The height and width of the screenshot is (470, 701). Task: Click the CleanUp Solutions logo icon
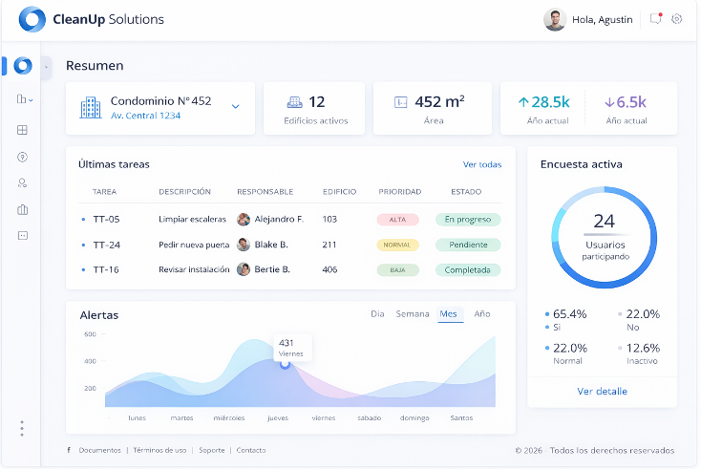32,19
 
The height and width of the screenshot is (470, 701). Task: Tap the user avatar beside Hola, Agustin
554,20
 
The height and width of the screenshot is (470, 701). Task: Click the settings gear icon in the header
677,19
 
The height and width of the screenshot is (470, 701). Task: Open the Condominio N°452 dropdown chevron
236,106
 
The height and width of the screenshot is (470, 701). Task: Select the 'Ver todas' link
481,164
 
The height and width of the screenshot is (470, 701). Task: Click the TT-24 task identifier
106,245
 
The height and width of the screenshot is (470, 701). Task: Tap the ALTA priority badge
397,220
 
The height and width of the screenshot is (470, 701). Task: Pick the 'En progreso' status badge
467,220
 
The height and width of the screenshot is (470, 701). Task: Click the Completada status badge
467,270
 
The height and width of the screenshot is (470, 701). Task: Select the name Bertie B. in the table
271,270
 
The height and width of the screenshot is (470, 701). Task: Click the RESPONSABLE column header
265,192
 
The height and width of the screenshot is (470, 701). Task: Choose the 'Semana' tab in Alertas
413,314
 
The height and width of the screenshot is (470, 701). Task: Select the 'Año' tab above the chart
482,314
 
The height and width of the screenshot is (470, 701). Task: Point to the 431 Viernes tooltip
290,347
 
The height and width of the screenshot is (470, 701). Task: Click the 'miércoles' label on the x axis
228,417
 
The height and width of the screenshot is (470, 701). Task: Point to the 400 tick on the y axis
90,361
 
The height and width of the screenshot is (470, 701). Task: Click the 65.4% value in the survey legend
569,314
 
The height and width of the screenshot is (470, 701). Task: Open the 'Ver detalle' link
602,392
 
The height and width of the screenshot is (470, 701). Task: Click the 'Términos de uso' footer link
159,450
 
